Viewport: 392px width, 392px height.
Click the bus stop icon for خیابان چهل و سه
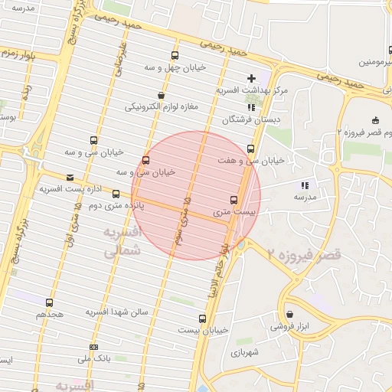pos(175,55)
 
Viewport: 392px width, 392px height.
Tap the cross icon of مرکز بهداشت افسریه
pos(251,78)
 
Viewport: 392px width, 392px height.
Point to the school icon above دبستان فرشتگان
pos(251,107)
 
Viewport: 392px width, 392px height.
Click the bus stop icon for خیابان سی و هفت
pos(251,149)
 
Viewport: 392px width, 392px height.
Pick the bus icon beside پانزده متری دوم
pos(116,194)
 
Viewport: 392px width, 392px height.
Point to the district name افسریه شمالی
pos(122,240)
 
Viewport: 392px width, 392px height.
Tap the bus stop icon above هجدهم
pos(50,302)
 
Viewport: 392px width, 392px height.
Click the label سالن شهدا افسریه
pos(116,312)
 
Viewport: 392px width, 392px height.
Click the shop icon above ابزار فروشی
pos(289,314)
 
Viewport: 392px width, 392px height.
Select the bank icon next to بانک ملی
pos(93,347)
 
